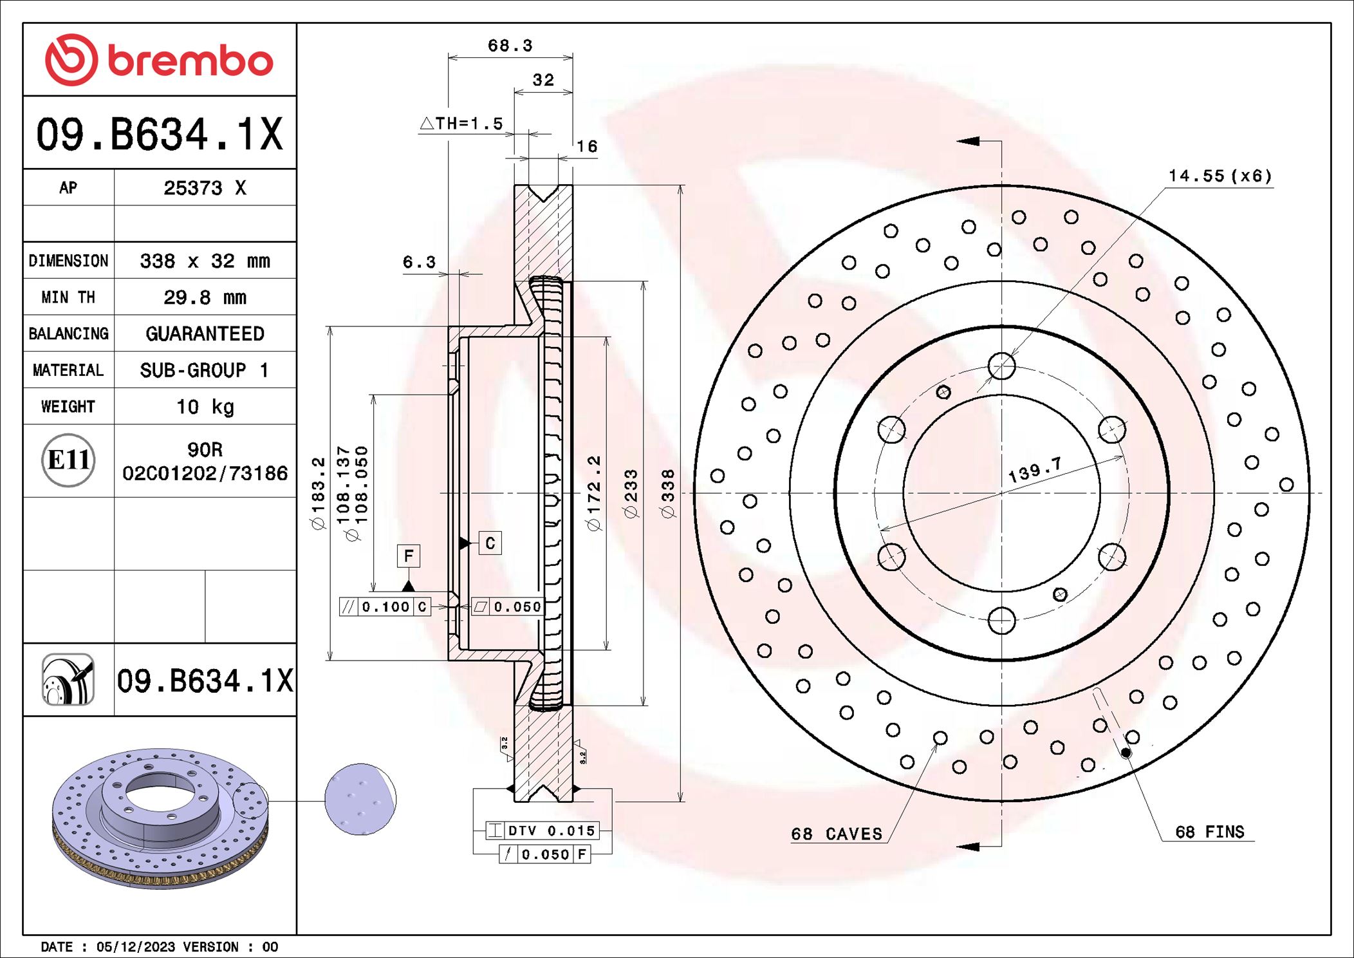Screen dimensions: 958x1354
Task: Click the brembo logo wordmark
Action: pyautogui.click(x=190, y=62)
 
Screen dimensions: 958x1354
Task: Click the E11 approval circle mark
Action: pyautogui.click(x=68, y=460)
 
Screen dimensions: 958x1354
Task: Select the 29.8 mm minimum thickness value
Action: pyautogui.click(x=205, y=297)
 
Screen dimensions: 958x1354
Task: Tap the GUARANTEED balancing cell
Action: pyautogui.click(x=205, y=333)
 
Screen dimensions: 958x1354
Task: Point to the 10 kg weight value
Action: pyautogui.click(x=205, y=407)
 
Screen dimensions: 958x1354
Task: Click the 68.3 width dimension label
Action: pyautogui.click(x=510, y=46)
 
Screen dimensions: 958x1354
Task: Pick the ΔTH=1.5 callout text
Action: pyautogui.click(x=462, y=124)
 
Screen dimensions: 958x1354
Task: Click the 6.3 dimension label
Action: pyautogui.click(x=419, y=262)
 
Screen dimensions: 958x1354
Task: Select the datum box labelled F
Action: pyautogui.click(x=409, y=556)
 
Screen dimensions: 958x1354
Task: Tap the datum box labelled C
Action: pyautogui.click(x=490, y=543)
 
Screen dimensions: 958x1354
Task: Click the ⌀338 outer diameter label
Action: pyautogui.click(x=668, y=493)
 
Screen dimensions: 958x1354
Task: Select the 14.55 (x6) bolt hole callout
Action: pyautogui.click(x=1220, y=176)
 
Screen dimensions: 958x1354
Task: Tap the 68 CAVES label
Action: pyautogui.click(x=837, y=834)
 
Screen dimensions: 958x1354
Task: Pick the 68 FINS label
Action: pyautogui.click(x=1209, y=832)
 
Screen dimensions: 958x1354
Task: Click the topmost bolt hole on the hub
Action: pyautogui.click(x=1001, y=366)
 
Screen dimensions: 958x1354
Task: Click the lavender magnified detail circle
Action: pyautogui.click(x=360, y=800)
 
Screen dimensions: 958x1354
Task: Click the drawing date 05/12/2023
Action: pyautogui.click(x=135, y=946)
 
